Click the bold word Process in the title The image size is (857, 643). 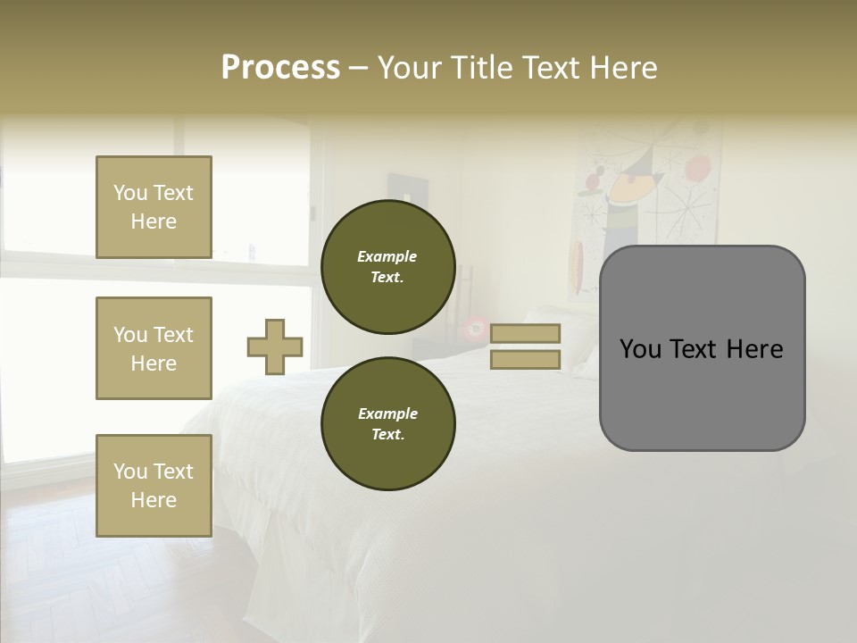coord(280,68)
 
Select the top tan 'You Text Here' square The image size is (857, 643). coord(154,207)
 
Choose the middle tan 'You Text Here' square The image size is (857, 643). coord(154,348)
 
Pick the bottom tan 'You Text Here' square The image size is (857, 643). coord(154,486)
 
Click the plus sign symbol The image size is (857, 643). coord(275,347)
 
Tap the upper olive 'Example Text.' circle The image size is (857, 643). coord(388,267)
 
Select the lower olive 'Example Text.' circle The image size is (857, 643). coord(388,424)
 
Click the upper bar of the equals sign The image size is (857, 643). coord(526,334)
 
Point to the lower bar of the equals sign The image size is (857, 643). coord(526,359)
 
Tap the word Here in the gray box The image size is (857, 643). coord(754,349)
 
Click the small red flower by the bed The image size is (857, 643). coord(477,329)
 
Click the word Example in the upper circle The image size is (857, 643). coord(387,256)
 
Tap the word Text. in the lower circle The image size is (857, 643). coord(387,435)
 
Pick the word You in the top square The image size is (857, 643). coord(130,193)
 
